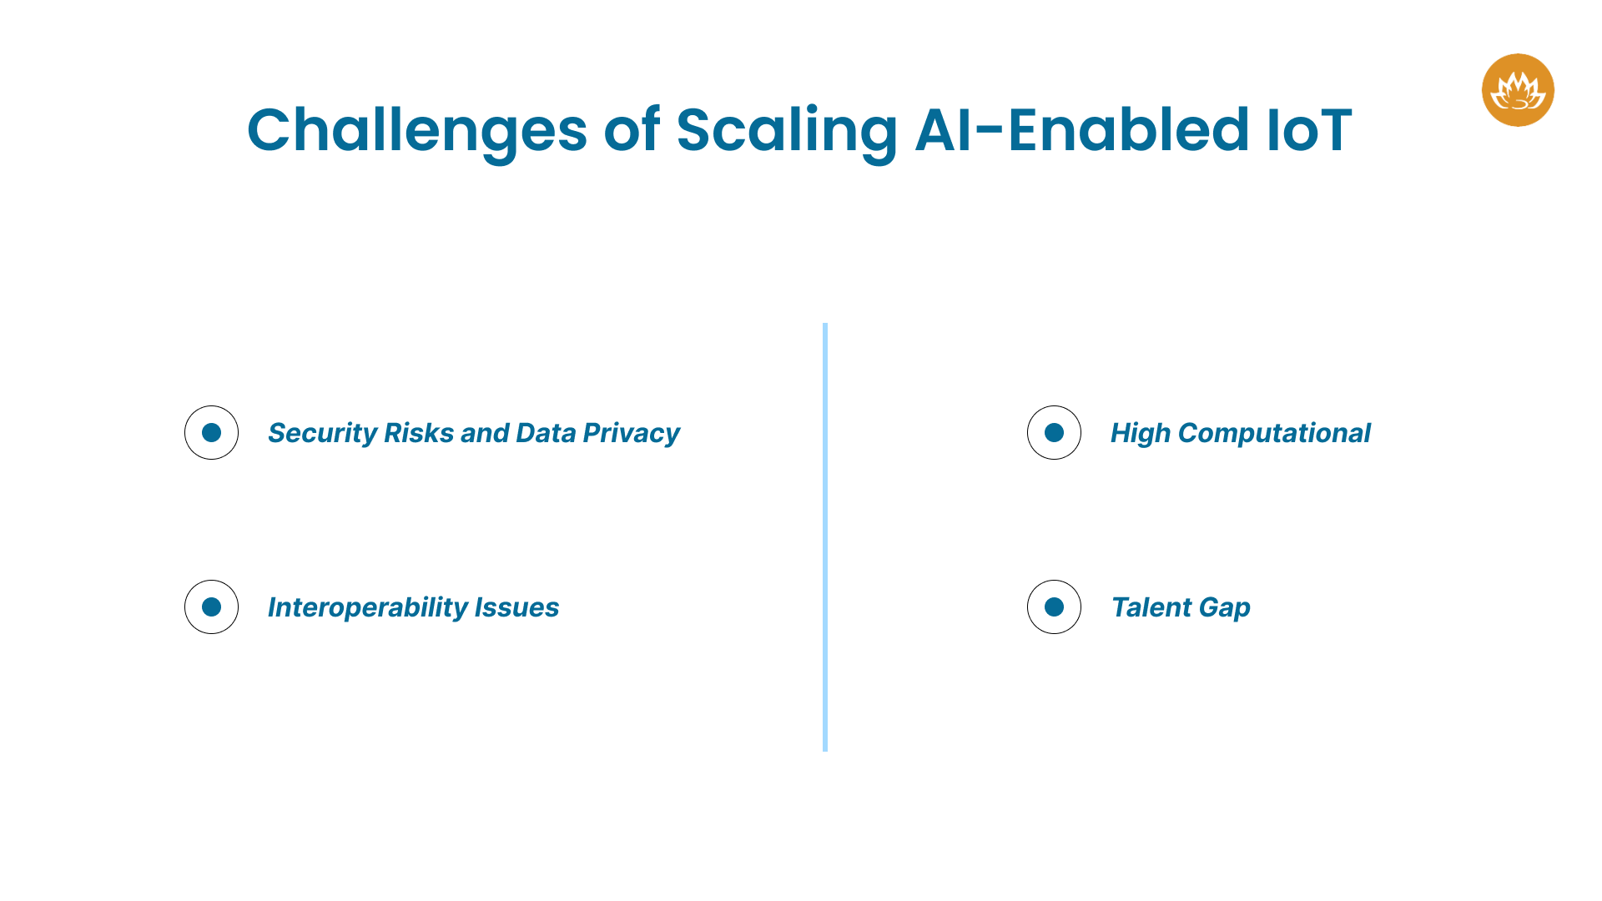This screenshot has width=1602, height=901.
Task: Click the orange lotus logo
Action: (1517, 90)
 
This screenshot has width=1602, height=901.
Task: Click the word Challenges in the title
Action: (417, 130)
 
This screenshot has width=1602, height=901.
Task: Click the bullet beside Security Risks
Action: (211, 432)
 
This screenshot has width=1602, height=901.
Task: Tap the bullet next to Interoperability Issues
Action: (211, 607)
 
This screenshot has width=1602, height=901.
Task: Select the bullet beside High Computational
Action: (1054, 432)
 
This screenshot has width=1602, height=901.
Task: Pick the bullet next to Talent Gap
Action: (1054, 607)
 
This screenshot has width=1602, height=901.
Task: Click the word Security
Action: (322, 433)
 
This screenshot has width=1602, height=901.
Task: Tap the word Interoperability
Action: (367, 607)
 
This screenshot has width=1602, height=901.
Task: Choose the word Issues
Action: (516, 607)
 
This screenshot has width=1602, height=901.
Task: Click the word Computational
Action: (1274, 433)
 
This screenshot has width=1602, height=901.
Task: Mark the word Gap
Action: (1224, 607)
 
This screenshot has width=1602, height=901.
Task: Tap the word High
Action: (1140, 433)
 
